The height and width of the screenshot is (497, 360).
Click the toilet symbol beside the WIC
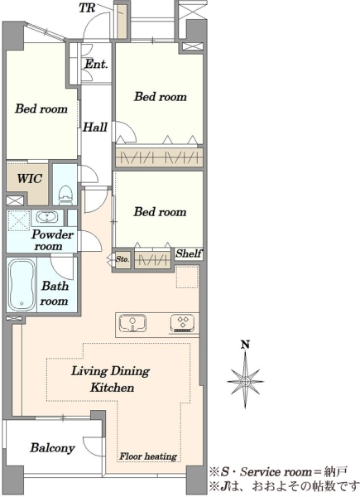tap(65, 195)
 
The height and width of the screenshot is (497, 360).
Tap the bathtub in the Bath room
tap(22, 285)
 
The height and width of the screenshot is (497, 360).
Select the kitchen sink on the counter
tap(132, 323)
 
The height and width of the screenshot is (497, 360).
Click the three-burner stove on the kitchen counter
tap(184, 323)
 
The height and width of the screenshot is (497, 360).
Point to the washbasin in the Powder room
tap(47, 217)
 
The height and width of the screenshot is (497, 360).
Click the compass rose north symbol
tap(246, 380)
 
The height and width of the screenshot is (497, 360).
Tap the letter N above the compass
tap(245, 345)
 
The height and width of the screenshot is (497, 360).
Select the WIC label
tap(30, 178)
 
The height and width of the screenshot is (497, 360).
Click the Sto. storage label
tap(122, 259)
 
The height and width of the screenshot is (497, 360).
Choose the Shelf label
tap(189, 253)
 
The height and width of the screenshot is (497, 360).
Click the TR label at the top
tap(87, 7)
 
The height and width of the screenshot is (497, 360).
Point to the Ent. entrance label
tap(96, 65)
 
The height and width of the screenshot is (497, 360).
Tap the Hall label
tap(94, 128)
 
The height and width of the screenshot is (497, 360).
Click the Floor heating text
tap(148, 456)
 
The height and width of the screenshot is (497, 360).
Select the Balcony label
tap(53, 448)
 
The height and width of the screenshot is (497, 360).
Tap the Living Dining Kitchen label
tap(111, 379)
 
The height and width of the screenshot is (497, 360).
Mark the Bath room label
tap(54, 293)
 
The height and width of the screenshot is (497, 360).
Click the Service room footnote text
tap(279, 472)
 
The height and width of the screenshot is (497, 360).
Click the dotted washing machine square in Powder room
tap(18, 219)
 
